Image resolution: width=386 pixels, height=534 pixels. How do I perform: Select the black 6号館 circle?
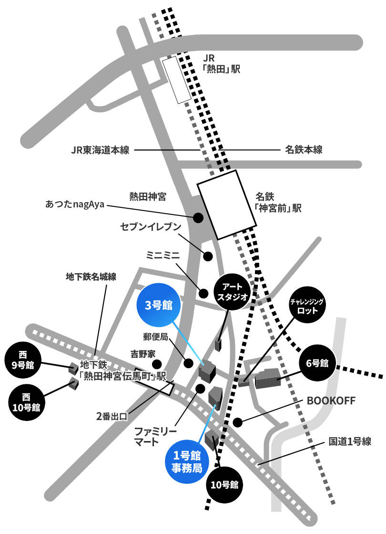pos(317,363)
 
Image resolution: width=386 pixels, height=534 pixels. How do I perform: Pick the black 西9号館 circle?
pos(23,360)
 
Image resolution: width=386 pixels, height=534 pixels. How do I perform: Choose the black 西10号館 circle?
pos(26,402)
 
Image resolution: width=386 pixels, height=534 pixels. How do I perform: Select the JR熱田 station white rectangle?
pos(176,80)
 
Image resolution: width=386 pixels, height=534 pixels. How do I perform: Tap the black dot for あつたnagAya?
pos(198,217)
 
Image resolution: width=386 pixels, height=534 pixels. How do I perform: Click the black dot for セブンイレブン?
pos(208,256)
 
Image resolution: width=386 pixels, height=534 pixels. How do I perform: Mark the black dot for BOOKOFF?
pos(238,422)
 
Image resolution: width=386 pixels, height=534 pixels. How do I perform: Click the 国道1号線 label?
pos(350,442)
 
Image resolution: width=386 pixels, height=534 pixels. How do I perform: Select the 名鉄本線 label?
pos(304,150)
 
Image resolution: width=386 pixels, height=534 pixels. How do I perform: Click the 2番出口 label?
pos(112,416)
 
